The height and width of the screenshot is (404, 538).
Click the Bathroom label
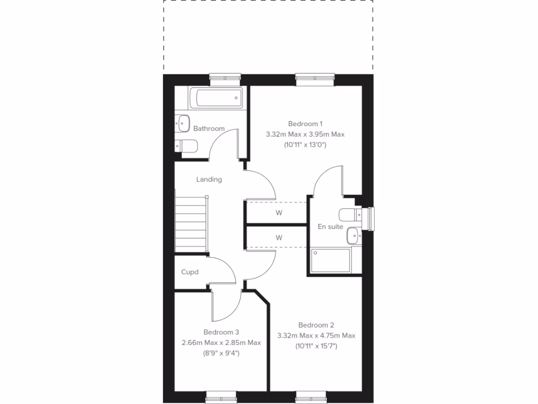click(x=209, y=128)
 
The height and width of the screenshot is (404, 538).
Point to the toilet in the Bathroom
click(x=186, y=145)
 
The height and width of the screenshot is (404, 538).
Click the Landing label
click(x=209, y=179)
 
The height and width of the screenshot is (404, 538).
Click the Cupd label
click(x=190, y=272)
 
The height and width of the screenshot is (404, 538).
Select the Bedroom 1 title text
click(x=305, y=124)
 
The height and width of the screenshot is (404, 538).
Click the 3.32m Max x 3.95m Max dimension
click(x=305, y=134)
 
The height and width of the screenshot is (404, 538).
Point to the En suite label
click(x=330, y=227)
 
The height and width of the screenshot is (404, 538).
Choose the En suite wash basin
click(x=353, y=235)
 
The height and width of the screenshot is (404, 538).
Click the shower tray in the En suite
click(x=330, y=261)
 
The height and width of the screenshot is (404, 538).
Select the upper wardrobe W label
click(x=279, y=213)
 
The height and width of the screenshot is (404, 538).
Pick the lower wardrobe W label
click(x=279, y=238)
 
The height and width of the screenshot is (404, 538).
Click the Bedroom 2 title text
click(x=316, y=325)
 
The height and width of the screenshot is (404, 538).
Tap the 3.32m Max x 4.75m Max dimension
click(x=316, y=336)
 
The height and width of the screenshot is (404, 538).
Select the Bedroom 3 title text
click(x=221, y=332)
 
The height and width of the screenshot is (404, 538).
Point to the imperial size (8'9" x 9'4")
click(x=221, y=353)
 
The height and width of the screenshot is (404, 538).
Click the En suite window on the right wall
click(x=373, y=219)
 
